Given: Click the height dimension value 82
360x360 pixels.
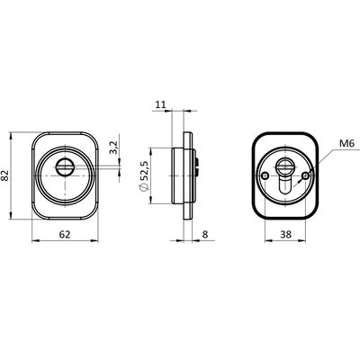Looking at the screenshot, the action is click(x=5, y=175).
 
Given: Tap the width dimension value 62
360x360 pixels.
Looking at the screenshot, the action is click(x=65, y=234).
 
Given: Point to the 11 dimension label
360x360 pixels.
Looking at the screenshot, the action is click(x=160, y=104).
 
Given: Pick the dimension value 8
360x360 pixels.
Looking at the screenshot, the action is click(x=205, y=234).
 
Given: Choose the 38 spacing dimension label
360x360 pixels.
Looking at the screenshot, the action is click(x=286, y=234).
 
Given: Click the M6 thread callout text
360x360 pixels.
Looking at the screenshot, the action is click(x=347, y=143).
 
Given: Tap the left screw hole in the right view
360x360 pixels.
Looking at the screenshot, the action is click(x=265, y=175).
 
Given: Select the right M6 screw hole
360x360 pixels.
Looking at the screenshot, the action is click(x=306, y=175).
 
